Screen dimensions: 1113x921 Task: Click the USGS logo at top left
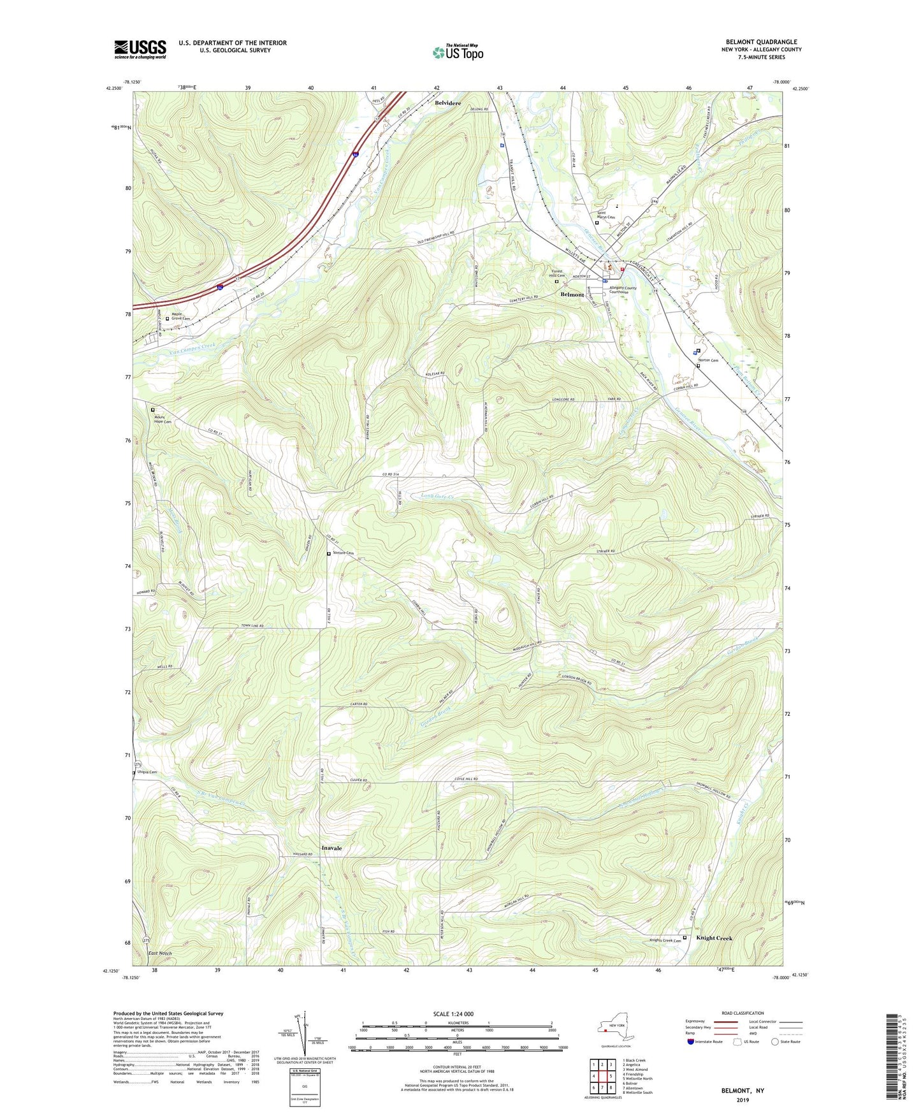click(140, 49)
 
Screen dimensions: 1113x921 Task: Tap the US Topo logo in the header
click(458, 52)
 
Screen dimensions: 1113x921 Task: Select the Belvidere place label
click(447, 103)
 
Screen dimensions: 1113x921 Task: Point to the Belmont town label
click(572, 295)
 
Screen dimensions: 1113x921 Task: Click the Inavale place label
click(331, 848)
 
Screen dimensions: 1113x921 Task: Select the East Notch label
click(160, 954)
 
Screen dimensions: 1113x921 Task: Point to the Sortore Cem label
click(343, 553)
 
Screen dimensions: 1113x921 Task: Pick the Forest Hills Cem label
click(558, 273)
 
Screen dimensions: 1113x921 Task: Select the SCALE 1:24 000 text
click(453, 1014)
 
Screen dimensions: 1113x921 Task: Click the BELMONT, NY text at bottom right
click(743, 1091)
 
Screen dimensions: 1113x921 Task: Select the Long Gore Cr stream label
click(437, 496)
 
